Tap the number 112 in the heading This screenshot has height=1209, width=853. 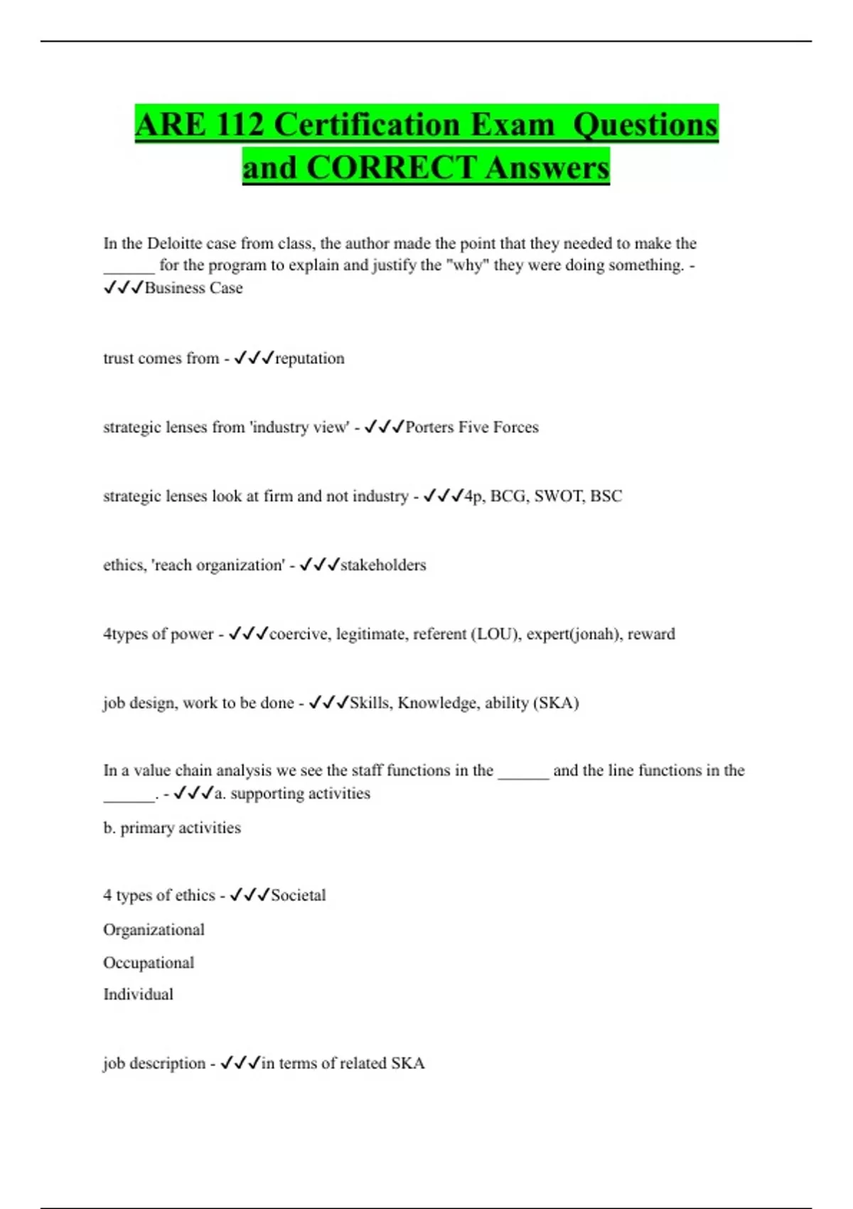pyautogui.click(x=240, y=124)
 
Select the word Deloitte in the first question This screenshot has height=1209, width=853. pyautogui.click(x=175, y=243)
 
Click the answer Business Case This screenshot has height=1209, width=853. pyautogui.click(x=193, y=288)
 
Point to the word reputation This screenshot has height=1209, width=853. pyautogui.click(x=309, y=358)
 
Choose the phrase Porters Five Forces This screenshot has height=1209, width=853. pyautogui.click(x=472, y=427)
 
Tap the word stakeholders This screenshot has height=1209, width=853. pyautogui.click(x=383, y=565)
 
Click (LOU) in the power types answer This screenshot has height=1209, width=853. pyautogui.click(x=495, y=634)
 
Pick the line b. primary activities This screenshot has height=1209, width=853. pyautogui.click(x=172, y=828)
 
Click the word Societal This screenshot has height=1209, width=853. pyautogui.click(x=299, y=895)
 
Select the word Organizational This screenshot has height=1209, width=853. pyautogui.click(x=154, y=930)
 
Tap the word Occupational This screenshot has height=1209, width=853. pyautogui.click(x=149, y=962)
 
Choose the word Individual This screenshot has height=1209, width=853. pyautogui.click(x=138, y=994)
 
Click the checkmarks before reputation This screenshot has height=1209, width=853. pyautogui.click(x=254, y=358)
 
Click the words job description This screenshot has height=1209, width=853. pyautogui.click(x=154, y=1063)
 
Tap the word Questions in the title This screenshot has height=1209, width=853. pyautogui.click(x=645, y=124)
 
